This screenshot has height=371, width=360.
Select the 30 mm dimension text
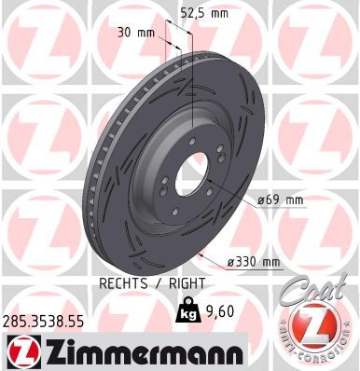click(138, 32)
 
